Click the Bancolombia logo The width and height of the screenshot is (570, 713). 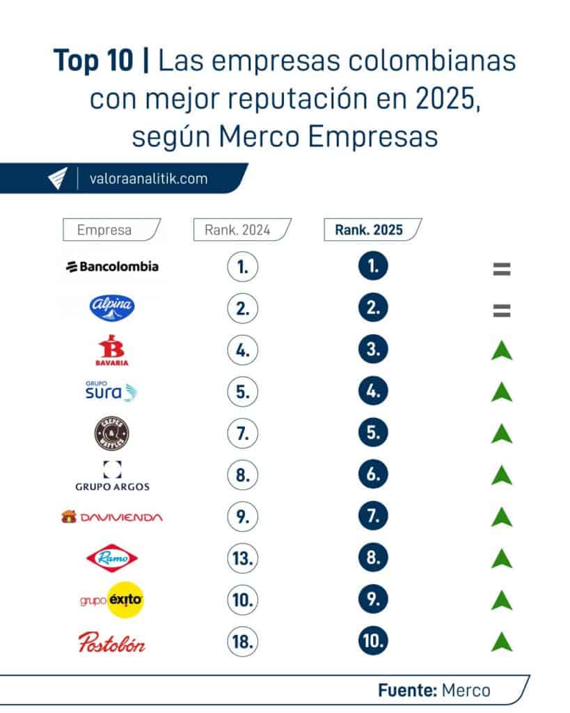coord(112,266)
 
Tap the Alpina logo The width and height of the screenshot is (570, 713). coord(112,308)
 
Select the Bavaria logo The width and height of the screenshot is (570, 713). coord(112,350)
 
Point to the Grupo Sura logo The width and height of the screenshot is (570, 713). coord(112,392)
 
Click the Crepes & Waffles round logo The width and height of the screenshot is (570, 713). coord(112,434)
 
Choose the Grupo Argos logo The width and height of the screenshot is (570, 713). coord(112,476)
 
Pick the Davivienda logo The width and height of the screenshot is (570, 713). coord(112,517)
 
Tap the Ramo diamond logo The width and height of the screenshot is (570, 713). coord(112,558)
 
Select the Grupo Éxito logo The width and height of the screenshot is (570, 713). coord(112,600)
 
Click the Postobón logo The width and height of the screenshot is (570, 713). coord(112,642)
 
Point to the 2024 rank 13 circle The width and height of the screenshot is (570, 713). coord(242,558)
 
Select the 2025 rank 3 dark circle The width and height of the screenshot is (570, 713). coord(373,350)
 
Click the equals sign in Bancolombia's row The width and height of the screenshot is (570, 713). coord(501,268)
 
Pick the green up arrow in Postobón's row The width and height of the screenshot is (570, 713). coord(501,641)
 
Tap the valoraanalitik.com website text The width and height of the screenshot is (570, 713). coord(148,178)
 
